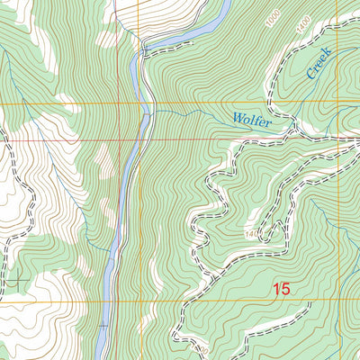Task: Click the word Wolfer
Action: tap(251, 118)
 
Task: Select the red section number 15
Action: tap(282, 289)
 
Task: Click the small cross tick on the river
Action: tap(103, 325)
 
